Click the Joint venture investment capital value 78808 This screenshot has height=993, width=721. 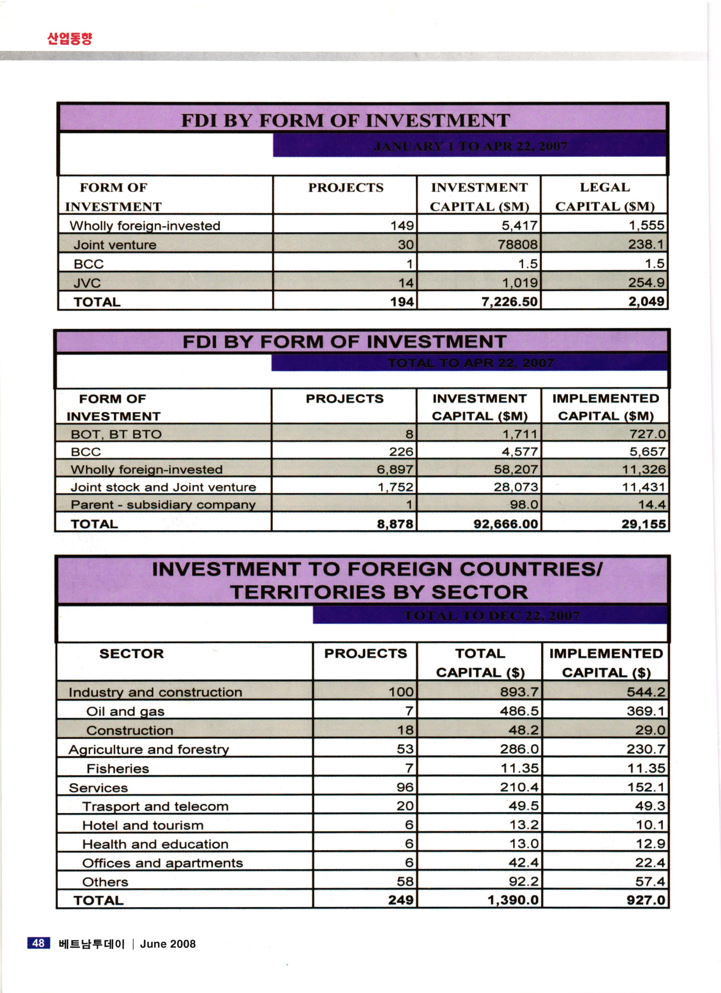517,244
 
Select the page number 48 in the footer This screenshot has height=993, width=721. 39,943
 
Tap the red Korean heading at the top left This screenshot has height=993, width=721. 70,39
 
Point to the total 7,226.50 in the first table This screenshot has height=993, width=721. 509,302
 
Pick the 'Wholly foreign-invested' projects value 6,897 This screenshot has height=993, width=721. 395,469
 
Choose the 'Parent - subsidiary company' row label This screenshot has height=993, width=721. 163,505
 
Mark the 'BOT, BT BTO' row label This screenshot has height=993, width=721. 116,434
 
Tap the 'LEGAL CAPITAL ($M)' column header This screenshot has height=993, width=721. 605,197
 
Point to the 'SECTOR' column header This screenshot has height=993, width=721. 132,654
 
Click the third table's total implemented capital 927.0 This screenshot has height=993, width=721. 646,900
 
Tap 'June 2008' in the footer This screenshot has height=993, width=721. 167,944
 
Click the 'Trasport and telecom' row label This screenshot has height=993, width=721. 155,806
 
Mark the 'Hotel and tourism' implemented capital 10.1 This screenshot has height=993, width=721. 651,825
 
